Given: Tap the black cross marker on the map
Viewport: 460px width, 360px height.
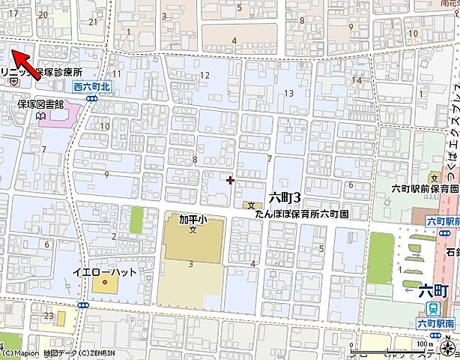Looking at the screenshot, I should point(230,179).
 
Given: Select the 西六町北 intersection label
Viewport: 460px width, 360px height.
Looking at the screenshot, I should point(92,87).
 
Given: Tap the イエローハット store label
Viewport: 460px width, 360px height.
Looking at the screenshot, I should point(105,271).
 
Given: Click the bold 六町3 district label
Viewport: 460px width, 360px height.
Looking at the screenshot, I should point(284,198).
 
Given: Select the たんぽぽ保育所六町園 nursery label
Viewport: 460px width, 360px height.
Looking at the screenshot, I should point(303,214).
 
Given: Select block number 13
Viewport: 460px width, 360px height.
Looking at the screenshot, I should point(289,92).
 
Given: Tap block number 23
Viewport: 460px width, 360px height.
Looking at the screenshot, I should point(49,316).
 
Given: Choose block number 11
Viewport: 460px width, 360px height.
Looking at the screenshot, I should point(116,73).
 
